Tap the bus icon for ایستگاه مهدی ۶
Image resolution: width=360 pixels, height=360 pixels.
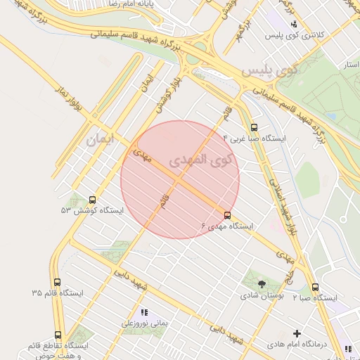(x=227, y=215)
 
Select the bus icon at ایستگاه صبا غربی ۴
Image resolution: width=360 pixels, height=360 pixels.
(x=254, y=127)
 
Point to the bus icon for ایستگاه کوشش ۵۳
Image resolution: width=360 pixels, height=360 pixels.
(x=93, y=200)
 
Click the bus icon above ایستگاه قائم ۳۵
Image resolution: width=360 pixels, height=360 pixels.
(x=57, y=281)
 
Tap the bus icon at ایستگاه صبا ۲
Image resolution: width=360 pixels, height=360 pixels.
(x=314, y=287)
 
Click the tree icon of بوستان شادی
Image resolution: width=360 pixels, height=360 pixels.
(x=262, y=285)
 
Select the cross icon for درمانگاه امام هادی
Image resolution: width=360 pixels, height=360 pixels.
(x=297, y=333)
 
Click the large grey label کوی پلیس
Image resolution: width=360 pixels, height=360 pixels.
(x=269, y=71)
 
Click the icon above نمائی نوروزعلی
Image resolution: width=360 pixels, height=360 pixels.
(x=145, y=312)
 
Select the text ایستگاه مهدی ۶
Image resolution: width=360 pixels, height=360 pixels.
(x=226, y=226)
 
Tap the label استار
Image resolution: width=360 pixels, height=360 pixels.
(x=349, y=64)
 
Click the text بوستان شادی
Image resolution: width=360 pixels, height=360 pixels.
(x=262, y=297)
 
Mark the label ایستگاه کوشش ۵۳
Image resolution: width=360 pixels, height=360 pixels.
(x=91, y=211)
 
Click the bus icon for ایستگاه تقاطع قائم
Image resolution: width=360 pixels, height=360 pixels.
(x=57, y=335)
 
